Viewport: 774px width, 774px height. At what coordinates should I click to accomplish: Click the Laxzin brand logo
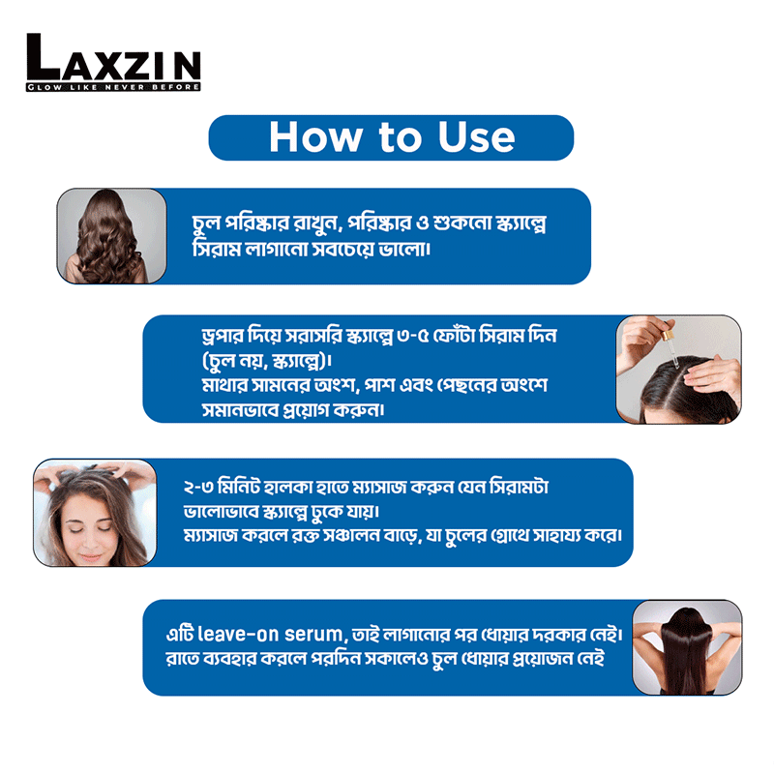113,62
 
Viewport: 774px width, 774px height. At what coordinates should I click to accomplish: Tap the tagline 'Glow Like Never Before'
113,87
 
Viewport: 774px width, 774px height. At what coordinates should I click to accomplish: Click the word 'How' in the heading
315,137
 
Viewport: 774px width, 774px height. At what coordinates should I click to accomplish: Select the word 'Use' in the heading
476,137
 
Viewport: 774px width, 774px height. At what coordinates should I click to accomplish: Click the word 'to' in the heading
400,138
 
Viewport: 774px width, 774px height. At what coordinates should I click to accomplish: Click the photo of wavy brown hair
111,236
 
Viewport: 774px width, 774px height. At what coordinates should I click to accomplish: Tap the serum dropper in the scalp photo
671,342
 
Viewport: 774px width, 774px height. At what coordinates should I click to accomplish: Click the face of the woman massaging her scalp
90,527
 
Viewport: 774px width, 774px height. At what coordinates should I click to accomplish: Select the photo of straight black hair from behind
687,647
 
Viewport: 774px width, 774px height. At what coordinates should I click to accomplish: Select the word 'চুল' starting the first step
206,223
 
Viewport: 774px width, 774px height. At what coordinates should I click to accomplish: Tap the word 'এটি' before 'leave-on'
179,634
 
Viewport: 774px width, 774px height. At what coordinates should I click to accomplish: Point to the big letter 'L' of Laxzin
43,56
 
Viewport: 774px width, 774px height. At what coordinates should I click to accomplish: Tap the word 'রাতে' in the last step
180,659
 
